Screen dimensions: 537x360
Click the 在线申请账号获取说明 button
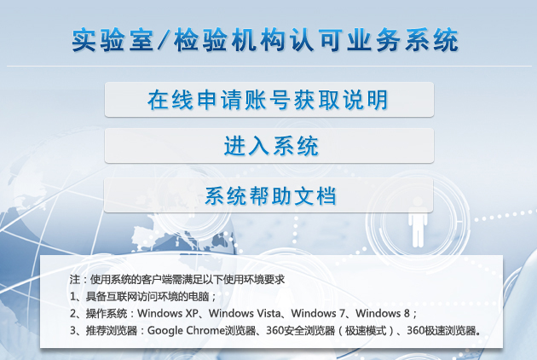[269, 100]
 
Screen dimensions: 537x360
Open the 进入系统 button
[269, 146]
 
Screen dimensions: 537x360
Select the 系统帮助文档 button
[268, 195]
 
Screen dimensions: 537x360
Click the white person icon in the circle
[418, 222]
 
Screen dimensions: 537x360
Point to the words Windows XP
[168, 313]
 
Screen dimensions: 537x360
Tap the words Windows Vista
[245, 313]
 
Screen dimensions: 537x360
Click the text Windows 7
[318, 313]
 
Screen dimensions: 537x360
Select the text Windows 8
[383, 313]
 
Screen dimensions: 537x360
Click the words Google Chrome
[187, 330]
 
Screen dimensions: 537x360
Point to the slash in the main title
[164, 40]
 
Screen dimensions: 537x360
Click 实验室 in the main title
[113, 40]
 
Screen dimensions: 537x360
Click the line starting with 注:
[177, 280]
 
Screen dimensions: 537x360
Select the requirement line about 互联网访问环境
[143, 296]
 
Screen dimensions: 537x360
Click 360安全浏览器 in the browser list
[300, 330]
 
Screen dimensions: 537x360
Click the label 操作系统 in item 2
[107, 313]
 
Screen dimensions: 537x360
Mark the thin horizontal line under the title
[269, 66]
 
